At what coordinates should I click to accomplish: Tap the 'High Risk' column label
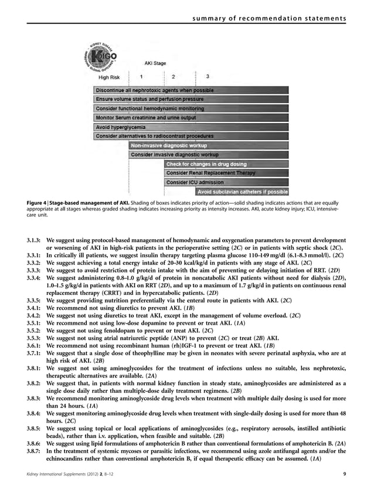pyautogui.click(x=110, y=77)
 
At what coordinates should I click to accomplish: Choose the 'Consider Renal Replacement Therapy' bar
pyautogui.click(x=227, y=173)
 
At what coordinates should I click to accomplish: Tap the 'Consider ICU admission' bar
pyautogui.click(x=227, y=182)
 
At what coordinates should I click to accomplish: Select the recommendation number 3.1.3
pyautogui.click(x=36, y=240)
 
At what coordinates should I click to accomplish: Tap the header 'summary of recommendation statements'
pyautogui.click(x=270, y=20)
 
